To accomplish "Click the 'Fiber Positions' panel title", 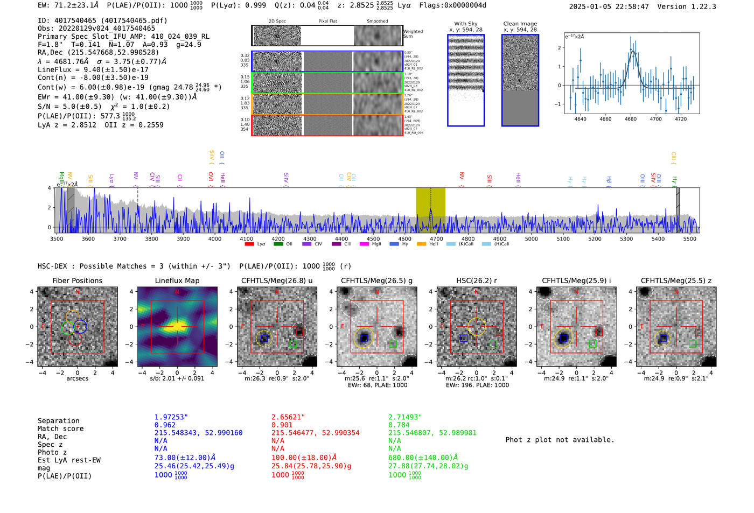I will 77,280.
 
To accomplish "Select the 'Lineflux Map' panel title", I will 177,280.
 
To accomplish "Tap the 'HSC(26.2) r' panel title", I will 476,280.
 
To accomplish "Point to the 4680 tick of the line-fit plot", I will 631,119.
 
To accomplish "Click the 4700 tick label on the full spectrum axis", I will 436,238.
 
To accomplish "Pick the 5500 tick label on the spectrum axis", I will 689,238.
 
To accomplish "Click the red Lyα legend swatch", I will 249,244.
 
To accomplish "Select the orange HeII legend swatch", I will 421,244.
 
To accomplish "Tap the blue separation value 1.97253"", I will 171,417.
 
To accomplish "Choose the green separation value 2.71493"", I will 405,417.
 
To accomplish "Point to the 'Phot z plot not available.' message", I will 560,440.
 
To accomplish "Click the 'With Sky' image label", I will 466,24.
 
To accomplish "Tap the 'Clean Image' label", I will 520,24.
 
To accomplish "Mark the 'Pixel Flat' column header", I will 327,22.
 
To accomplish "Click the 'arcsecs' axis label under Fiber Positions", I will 77,378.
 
